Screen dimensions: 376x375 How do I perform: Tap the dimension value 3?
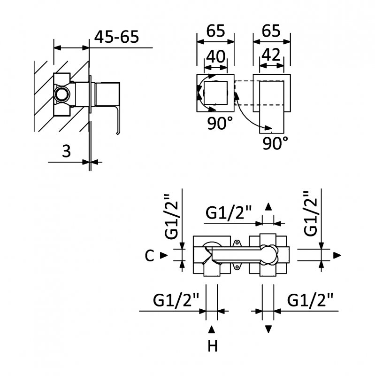(66, 151)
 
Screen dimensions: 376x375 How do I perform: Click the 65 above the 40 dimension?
(215, 31)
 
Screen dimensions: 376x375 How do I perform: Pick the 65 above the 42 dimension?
(271, 31)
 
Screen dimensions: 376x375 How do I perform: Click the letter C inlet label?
(149, 256)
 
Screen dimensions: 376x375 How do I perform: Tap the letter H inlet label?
(213, 347)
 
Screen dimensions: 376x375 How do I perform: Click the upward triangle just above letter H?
(212, 329)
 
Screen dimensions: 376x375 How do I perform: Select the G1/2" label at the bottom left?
(176, 299)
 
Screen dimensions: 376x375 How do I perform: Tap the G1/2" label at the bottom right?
(311, 299)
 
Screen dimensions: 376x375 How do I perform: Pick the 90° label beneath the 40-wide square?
(220, 124)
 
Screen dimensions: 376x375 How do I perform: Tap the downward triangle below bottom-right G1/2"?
(268, 329)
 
